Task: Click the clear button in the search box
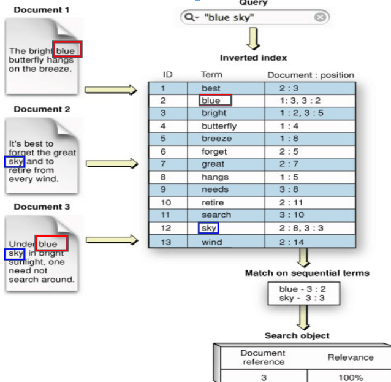(x=321, y=17)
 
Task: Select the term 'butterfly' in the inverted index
(x=219, y=126)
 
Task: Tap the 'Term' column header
(x=211, y=75)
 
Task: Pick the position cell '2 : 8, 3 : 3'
(x=302, y=228)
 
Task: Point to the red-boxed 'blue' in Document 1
(x=67, y=50)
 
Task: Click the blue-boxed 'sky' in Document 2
(x=14, y=161)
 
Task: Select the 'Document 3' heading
(x=42, y=207)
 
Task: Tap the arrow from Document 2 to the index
(x=110, y=164)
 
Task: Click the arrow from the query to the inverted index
(x=253, y=39)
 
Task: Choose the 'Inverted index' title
(x=253, y=58)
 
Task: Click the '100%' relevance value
(x=351, y=377)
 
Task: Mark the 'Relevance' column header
(x=351, y=357)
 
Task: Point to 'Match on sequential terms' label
(x=306, y=273)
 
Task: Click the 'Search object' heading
(x=297, y=335)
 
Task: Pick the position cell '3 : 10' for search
(x=293, y=215)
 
